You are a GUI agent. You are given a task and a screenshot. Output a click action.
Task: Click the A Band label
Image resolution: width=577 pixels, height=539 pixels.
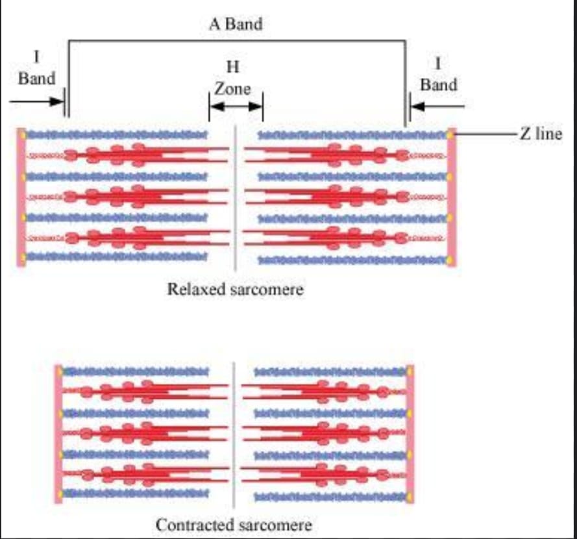[236, 24]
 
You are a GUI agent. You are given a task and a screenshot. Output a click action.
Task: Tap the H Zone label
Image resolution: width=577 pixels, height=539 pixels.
[232, 78]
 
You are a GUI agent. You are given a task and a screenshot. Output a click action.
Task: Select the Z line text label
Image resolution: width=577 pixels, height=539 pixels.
[541, 134]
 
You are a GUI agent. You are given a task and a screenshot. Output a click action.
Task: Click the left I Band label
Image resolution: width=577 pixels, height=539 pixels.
[36, 68]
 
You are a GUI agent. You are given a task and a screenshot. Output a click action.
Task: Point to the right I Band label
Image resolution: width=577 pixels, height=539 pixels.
[439, 75]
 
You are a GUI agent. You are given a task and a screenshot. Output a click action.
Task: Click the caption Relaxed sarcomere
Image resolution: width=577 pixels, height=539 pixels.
[236, 289]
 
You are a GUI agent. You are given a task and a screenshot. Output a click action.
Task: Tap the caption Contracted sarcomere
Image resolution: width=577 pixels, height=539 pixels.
[234, 525]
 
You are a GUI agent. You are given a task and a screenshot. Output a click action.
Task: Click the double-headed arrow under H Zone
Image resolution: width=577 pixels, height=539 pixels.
[236, 107]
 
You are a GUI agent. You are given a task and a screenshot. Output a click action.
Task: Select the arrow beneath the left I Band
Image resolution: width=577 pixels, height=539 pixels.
[37, 101]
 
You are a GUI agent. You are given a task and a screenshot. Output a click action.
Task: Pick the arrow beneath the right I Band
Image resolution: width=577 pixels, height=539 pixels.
[437, 107]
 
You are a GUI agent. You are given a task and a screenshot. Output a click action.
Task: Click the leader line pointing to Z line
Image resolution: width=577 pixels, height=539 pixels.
[485, 134]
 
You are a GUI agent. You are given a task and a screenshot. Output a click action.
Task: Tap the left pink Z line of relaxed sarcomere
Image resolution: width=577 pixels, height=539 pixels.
[21, 197]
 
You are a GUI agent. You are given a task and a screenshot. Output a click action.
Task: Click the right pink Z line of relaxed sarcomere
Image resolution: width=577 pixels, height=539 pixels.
[452, 197]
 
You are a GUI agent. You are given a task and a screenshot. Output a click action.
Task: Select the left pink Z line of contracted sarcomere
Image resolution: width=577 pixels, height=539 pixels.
[58, 434]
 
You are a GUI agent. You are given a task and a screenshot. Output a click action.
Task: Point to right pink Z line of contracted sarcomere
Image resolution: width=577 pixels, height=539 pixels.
[410, 434]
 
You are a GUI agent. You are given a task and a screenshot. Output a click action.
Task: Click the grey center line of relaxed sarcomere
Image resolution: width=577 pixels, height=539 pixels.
[235, 198]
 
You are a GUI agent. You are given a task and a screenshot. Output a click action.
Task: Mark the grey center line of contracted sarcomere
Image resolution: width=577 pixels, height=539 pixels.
[234, 434]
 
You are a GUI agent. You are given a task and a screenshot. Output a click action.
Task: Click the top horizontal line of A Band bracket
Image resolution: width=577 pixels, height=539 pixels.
[237, 40]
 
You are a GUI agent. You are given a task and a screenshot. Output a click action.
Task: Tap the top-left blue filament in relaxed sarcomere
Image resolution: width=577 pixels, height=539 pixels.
[117, 135]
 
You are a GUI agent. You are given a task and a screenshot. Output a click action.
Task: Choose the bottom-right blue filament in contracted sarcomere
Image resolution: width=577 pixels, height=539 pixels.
[330, 497]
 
